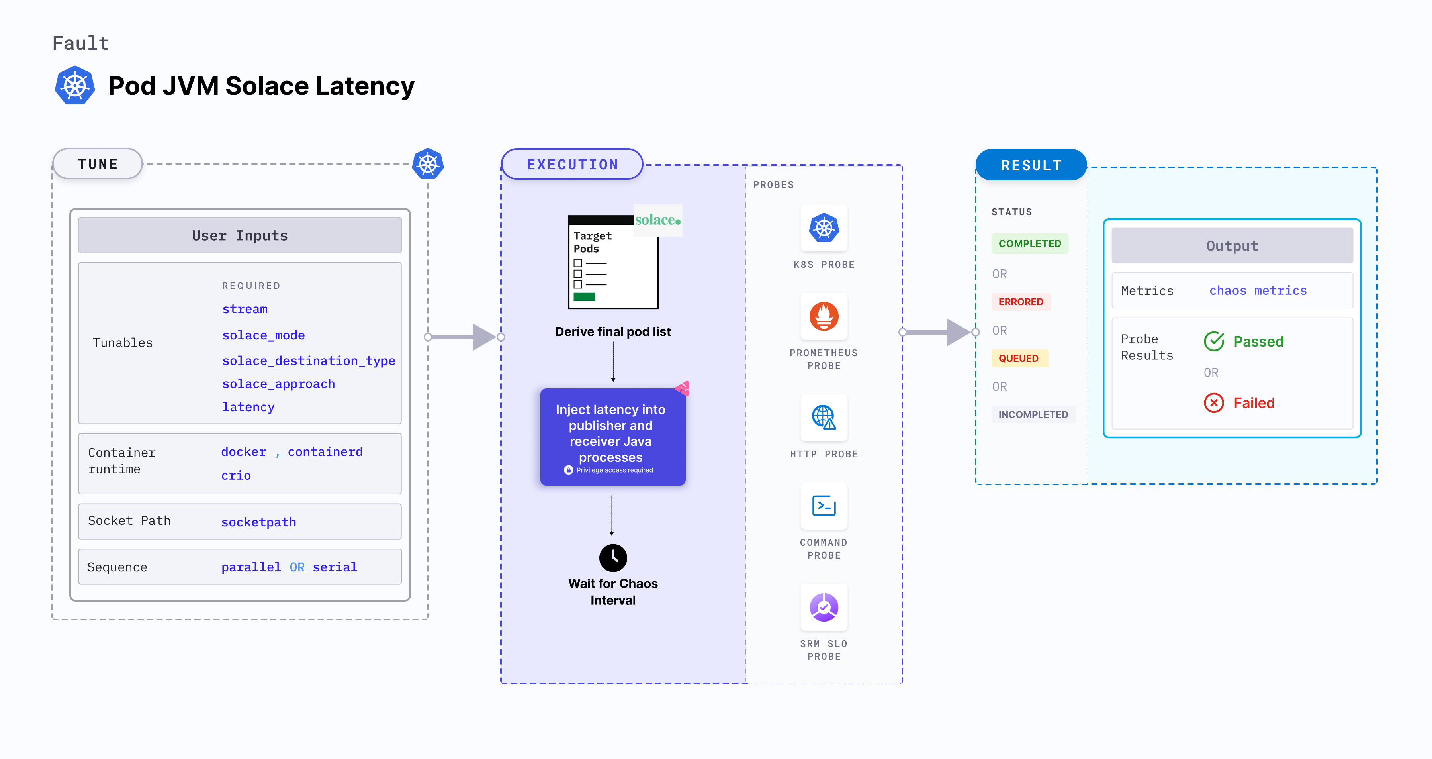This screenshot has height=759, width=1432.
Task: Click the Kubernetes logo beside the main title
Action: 74,86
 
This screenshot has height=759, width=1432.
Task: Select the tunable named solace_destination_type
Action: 309,361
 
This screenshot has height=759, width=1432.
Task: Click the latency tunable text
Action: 248,407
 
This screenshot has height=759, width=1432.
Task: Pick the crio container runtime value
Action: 236,475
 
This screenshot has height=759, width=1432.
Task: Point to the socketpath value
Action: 258,522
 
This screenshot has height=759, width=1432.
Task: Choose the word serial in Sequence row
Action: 335,567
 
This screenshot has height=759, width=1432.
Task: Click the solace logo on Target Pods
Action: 657,220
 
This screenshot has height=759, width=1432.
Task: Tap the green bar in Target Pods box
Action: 584,297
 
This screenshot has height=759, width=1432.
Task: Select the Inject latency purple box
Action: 612,437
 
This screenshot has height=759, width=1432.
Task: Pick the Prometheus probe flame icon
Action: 824,316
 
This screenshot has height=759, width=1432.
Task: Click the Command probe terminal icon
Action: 824,506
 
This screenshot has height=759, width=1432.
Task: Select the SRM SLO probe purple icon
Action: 824,607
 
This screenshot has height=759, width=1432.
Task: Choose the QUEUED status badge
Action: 1018,358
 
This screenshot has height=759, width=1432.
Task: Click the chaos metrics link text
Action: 1258,291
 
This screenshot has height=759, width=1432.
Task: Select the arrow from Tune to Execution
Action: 464,337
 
